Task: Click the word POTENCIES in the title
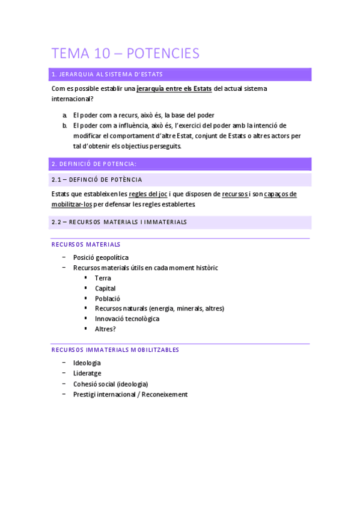point(163,54)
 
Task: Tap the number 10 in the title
point(103,54)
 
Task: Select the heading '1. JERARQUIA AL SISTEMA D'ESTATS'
point(108,75)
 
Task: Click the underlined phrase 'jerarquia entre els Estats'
point(174,88)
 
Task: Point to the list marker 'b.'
point(64,126)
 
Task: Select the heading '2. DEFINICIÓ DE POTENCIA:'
point(94,164)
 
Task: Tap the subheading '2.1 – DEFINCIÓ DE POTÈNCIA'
point(97,179)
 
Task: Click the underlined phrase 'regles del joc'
point(148,194)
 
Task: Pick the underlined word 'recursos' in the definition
point(235,194)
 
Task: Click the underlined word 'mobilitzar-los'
point(72,204)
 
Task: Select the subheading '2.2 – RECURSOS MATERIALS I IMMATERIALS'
point(119,222)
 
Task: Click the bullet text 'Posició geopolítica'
point(100,257)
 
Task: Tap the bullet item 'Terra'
point(103,278)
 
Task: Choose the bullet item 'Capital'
point(105,288)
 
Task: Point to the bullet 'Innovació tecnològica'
point(127,319)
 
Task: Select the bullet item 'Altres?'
point(105,329)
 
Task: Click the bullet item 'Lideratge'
point(87,373)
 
